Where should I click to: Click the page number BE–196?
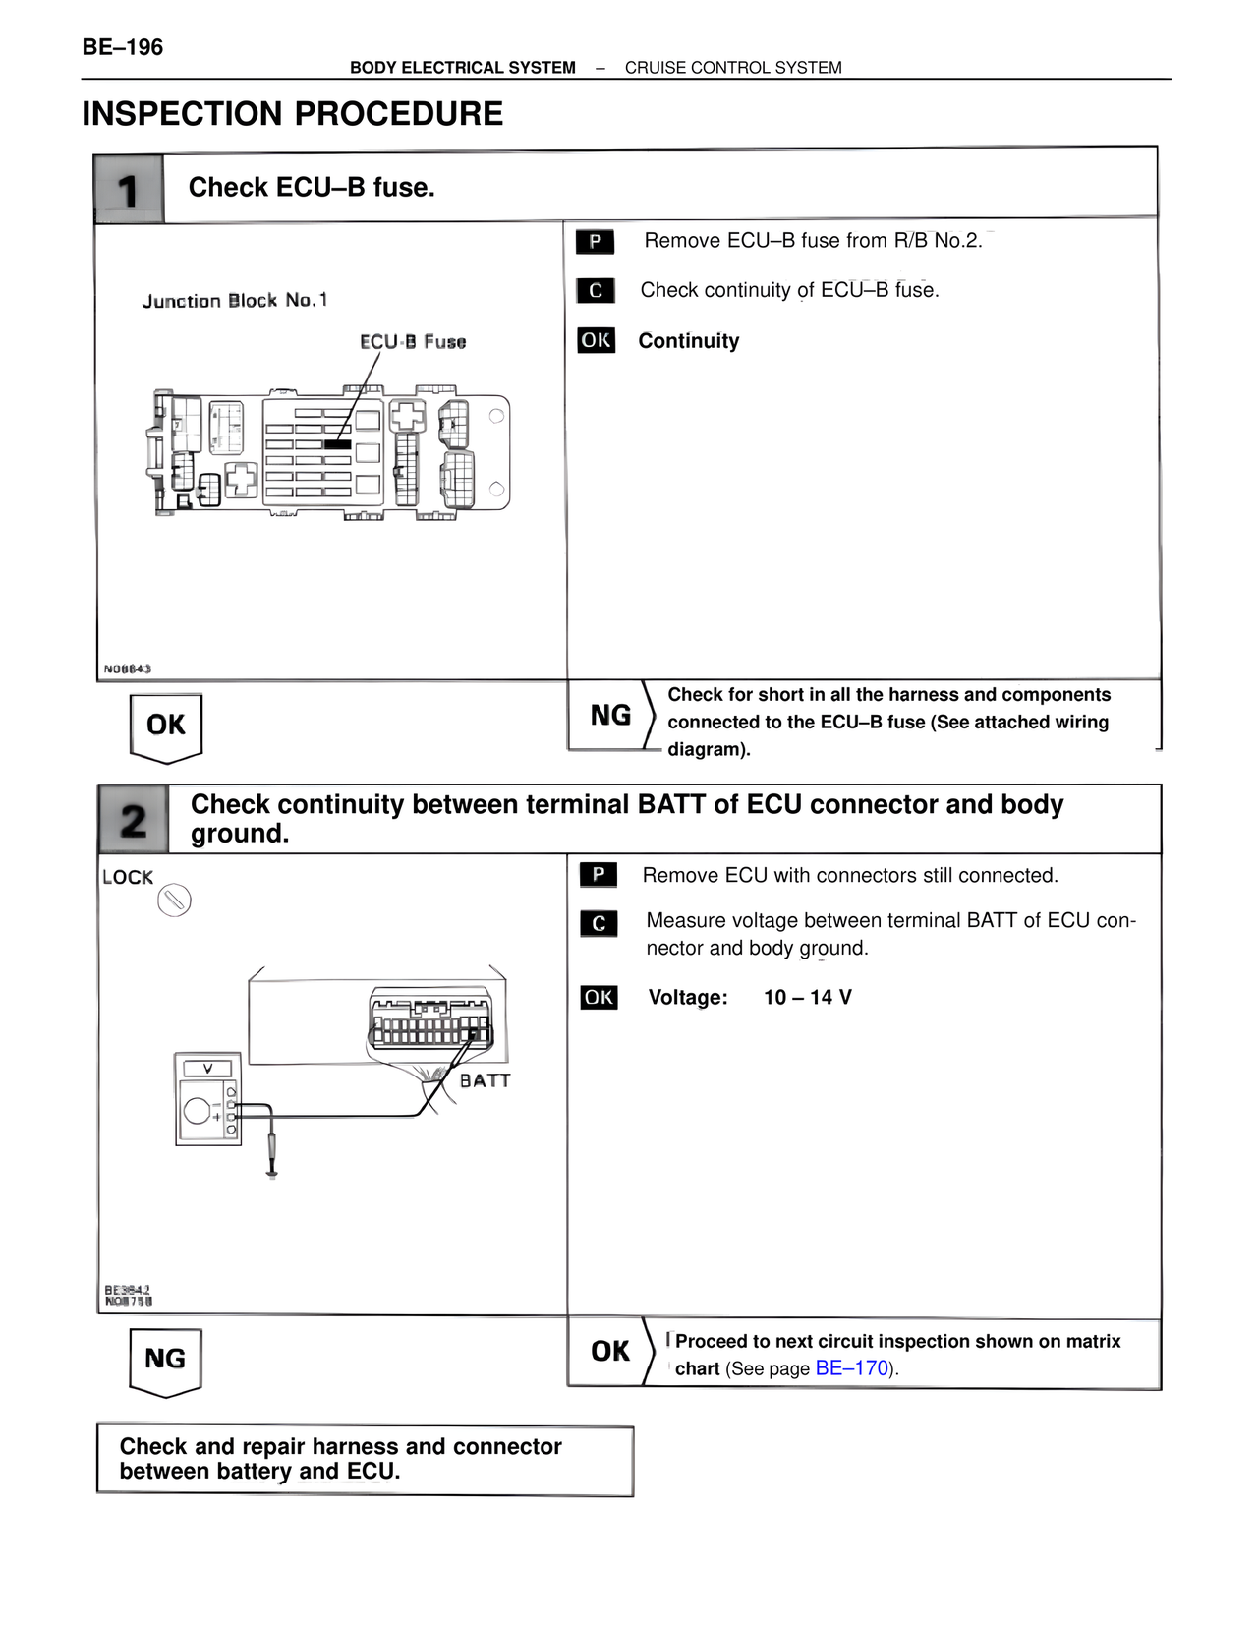[122, 46]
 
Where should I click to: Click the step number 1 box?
[128, 189]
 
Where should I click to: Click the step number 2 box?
[133, 820]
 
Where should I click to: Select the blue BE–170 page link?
[851, 1368]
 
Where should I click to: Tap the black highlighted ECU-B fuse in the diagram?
[337, 444]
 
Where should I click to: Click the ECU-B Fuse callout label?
[412, 342]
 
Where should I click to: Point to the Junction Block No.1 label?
[234, 300]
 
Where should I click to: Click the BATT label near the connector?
[485, 1080]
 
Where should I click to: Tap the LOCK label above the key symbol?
[128, 877]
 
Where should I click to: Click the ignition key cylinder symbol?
[174, 901]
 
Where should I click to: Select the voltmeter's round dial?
[197, 1112]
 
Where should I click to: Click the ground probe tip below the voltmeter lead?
[272, 1170]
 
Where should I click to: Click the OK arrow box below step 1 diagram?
[166, 727]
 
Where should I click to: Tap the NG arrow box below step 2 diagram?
[165, 1360]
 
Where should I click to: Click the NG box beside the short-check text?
[610, 716]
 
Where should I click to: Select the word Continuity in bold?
[688, 341]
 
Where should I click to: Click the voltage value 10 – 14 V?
[807, 997]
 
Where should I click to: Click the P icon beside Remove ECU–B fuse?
[595, 241]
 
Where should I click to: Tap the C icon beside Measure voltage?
[599, 924]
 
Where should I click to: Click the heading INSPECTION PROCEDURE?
[292, 114]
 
